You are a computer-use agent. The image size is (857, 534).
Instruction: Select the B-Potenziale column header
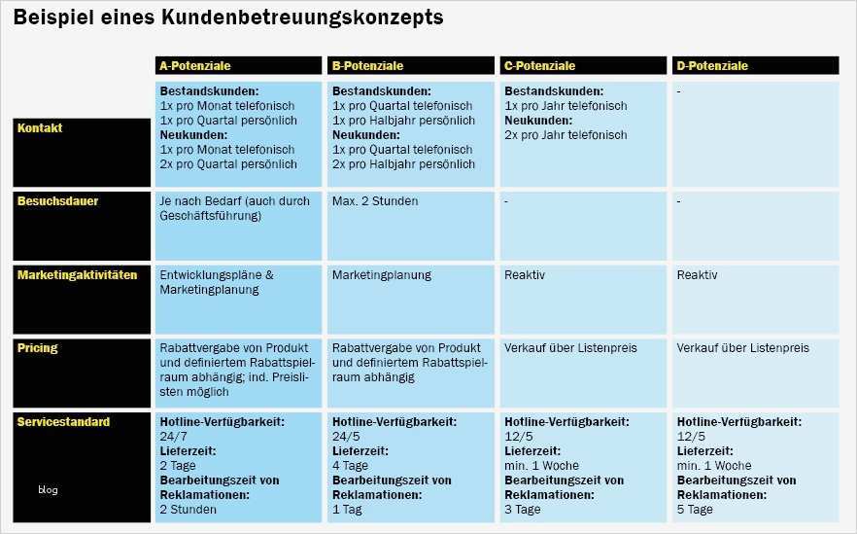pyautogui.click(x=367, y=66)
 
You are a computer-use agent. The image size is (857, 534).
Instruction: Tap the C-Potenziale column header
pyautogui.click(x=539, y=66)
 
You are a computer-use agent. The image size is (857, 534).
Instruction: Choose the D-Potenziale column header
pyautogui.click(x=712, y=66)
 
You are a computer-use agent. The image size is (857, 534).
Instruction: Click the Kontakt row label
pyautogui.click(x=40, y=127)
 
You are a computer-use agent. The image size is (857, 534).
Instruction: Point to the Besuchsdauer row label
pyautogui.click(x=57, y=201)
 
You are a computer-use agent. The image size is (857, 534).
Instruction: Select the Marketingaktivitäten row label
pyautogui.click(x=77, y=275)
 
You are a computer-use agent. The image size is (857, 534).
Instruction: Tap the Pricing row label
pyautogui.click(x=38, y=347)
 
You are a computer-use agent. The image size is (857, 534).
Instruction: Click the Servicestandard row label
pyautogui.click(x=63, y=422)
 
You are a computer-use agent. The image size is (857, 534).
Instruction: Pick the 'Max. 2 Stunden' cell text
pyautogui.click(x=375, y=201)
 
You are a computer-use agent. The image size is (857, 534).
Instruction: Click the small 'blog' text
pyautogui.click(x=49, y=489)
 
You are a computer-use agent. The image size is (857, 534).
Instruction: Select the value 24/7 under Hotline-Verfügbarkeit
pyautogui.click(x=172, y=437)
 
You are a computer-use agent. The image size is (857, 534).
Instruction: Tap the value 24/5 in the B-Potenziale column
pyautogui.click(x=345, y=437)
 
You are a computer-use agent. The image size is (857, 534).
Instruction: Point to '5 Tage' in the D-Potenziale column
pyautogui.click(x=695, y=510)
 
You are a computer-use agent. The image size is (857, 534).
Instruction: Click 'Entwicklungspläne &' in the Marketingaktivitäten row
pyautogui.click(x=216, y=275)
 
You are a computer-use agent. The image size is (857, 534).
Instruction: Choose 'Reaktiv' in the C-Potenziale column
pyautogui.click(x=525, y=275)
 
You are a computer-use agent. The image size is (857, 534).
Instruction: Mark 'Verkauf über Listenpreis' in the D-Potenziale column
pyautogui.click(x=742, y=347)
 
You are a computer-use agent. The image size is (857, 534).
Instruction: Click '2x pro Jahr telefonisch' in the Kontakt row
pyautogui.click(x=566, y=135)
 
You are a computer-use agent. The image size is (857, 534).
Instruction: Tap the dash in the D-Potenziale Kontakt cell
pyautogui.click(x=679, y=91)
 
